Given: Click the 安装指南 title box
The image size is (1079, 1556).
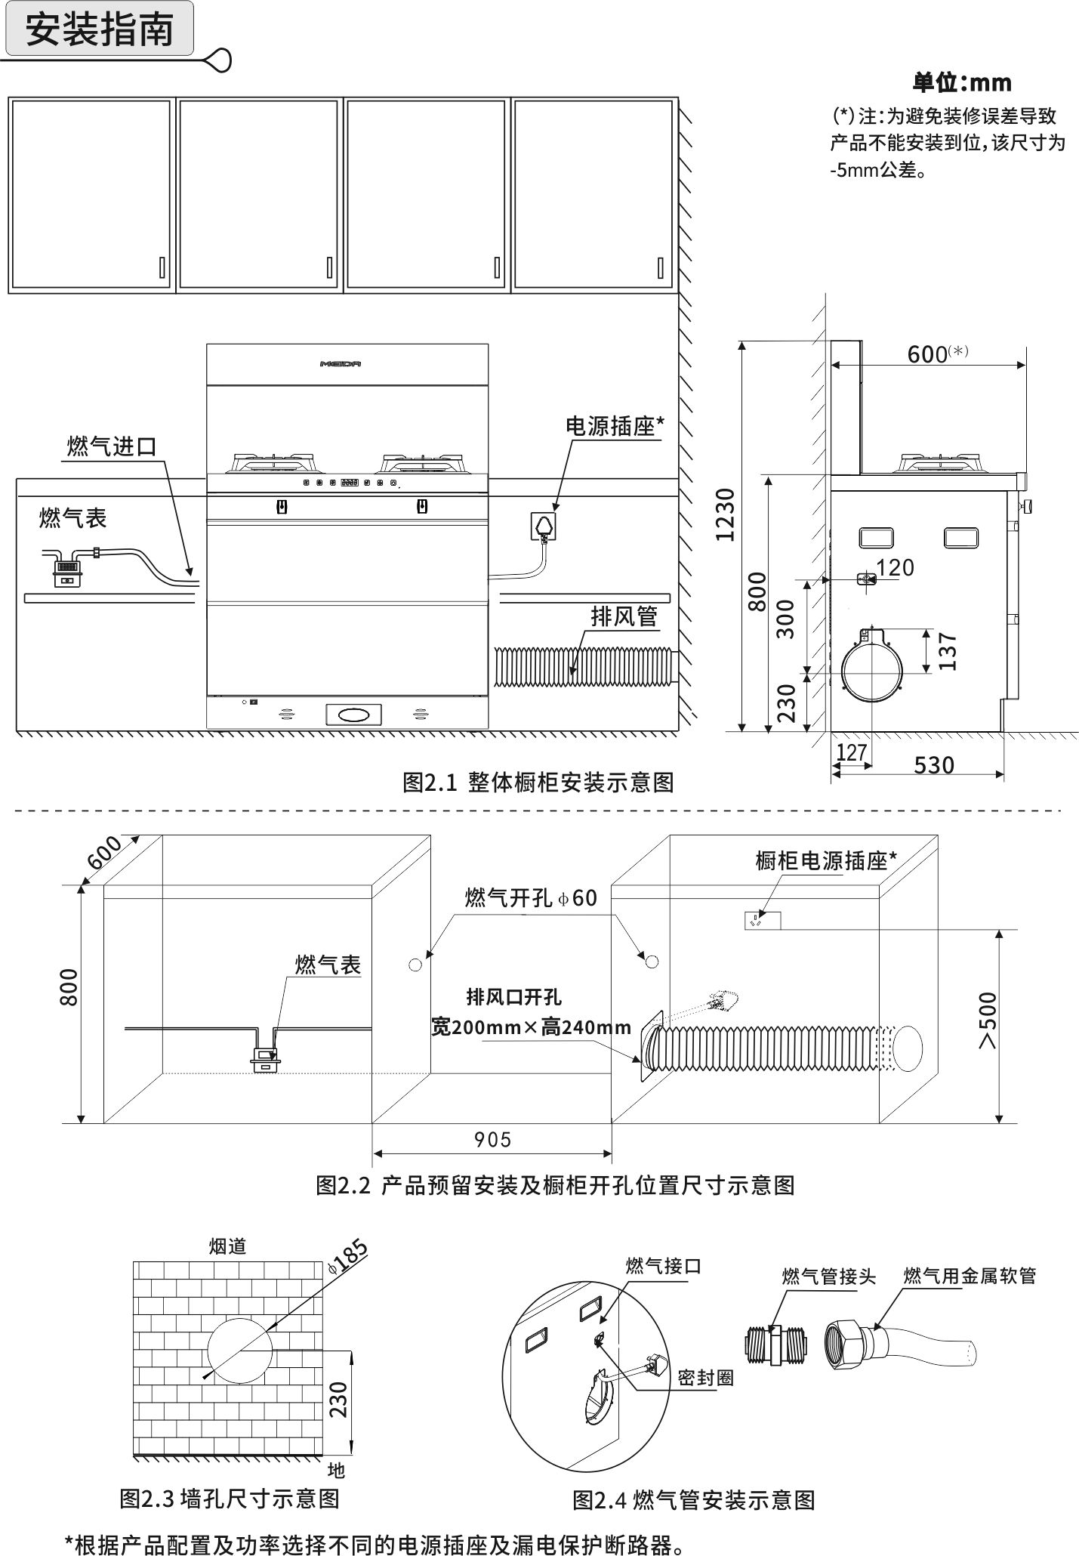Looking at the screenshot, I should [99, 29].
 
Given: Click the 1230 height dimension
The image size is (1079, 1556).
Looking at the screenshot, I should [725, 514].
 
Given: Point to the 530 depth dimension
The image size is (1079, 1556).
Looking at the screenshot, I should [934, 764].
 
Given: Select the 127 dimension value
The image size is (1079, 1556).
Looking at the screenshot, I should [851, 752].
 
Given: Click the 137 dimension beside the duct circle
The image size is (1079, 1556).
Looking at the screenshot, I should [947, 651].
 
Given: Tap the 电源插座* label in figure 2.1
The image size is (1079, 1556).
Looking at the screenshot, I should [615, 426].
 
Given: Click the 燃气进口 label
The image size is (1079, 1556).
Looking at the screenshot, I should [112, 446].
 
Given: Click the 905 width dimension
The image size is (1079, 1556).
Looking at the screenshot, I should [492, 1139].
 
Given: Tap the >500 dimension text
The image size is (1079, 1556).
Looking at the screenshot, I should [988, 1020].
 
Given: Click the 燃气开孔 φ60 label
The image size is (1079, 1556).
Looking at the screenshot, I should [531, 897].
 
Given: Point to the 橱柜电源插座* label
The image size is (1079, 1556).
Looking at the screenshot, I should [826, 860].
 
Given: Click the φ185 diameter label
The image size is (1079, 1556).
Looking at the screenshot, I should [348, 1258].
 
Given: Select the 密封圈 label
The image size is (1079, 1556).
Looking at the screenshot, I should [705, 1378].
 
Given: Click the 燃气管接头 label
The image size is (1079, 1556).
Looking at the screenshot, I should [828, 1277].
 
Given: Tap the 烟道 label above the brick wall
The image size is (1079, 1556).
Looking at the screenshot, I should [227, 1246].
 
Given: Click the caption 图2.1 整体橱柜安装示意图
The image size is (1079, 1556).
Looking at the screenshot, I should [538, 782].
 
